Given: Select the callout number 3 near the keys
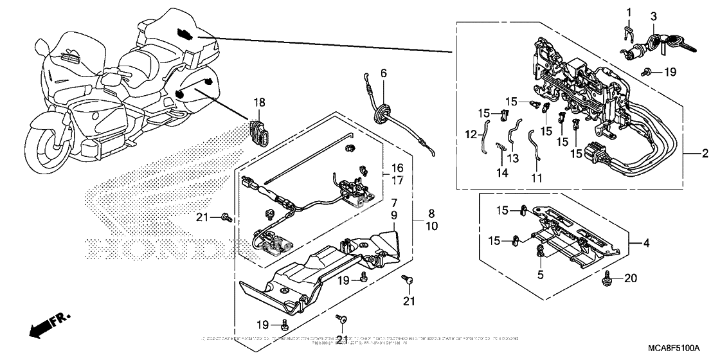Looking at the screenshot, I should click(x=652, y=15).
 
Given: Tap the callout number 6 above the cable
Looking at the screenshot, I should click(x=384, y=74).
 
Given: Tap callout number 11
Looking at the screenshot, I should click(x=535, y=177).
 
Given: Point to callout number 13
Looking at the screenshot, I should click(x=512, y=158).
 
